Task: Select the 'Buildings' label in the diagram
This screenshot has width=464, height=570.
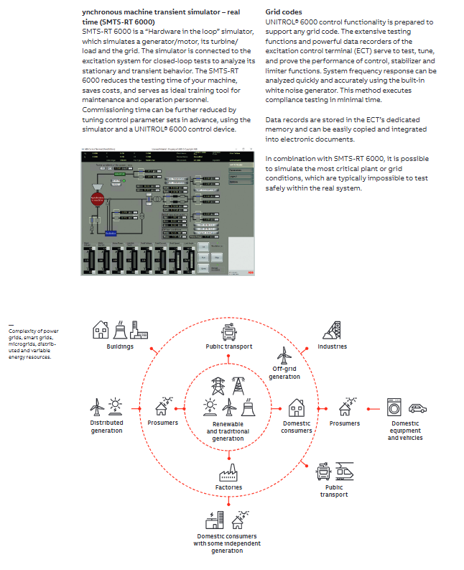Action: click(x=121, y=346)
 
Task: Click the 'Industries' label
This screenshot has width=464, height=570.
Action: click(x=332, y=346)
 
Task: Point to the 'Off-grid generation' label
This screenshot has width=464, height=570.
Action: click(x=284, y=373)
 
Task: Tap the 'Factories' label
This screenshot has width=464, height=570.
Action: click(x=228, y=487)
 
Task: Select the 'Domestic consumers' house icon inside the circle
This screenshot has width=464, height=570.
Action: click(x=296, y=408)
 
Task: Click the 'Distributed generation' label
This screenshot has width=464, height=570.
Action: click(x=106, y=426)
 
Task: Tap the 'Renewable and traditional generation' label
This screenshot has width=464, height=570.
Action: click(x=228, y=431)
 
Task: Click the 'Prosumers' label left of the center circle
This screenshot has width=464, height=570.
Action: click(x=163, y=423)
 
